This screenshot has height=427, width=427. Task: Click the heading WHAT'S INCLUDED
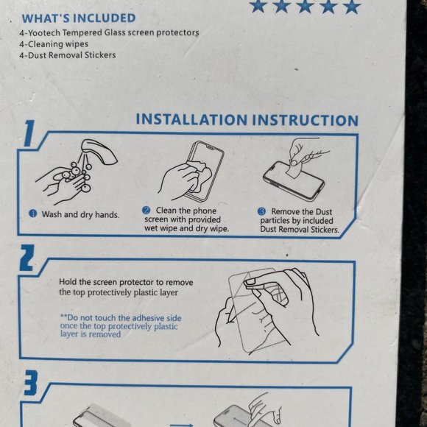(79, 18)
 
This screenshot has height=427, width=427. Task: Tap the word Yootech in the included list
(44, 32)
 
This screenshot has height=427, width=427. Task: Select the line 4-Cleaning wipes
(54, 44)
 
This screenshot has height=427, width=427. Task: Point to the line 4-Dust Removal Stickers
(68, 55)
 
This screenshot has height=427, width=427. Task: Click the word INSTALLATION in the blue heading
(191, 119)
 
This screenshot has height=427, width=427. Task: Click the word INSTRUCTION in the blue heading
(306, 120)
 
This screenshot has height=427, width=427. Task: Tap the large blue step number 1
(29, 133)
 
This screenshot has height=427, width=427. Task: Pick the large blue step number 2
(27, 258)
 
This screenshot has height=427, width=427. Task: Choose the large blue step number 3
(30, 383)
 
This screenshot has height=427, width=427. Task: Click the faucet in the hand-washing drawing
(99, 152)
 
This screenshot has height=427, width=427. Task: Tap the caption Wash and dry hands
(80, 214)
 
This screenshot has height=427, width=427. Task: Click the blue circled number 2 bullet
(147, 211)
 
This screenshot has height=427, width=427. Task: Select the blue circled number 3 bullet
(261, 211)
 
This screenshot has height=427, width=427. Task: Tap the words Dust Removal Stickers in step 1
(300, 229)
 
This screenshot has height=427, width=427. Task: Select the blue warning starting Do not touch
(121, 325)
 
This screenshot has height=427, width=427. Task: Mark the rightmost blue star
(352, 7)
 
